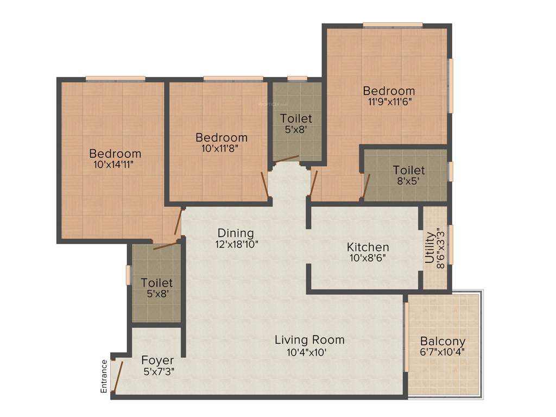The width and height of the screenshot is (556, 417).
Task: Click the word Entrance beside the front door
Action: tap(104, 376)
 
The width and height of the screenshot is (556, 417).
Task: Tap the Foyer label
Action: tap(157, 360)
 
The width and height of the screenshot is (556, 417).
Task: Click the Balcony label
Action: tap(443, 342)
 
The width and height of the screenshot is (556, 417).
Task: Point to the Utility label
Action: tap(429, 248)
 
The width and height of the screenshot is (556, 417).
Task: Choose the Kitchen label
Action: tap(368, 247)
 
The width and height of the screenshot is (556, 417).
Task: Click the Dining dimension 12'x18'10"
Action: tap(236, 244)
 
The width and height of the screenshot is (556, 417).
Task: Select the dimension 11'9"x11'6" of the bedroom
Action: tap(389, 102)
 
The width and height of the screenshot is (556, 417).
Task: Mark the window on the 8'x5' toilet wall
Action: tap(450, 171)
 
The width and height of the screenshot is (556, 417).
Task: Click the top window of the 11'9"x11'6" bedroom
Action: tap(393, 25)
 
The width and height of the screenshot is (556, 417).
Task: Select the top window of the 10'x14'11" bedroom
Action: tap(115, 79)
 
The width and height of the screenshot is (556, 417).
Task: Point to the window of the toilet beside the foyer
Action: tap(129, 274)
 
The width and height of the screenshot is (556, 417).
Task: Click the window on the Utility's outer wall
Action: tap(450, 244)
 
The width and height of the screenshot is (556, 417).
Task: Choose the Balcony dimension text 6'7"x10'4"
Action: tap(443, 352)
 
